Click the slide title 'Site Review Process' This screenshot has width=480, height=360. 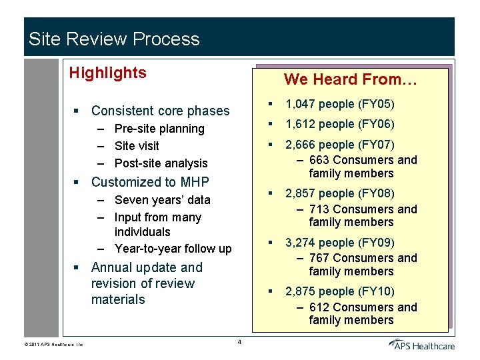tap(114, 39)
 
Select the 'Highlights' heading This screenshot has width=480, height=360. tap(107, 73)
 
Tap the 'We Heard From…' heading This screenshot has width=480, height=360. tap(350, 80)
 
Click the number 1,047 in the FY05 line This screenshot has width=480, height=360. tap(300, 104)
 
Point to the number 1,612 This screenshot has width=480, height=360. tap(300, 124)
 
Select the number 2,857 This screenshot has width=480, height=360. tap(300, 193)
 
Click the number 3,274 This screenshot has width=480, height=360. tap(300, 243)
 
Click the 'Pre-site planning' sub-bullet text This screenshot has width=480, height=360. tap(159, 129)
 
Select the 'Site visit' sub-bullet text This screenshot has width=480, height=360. tap(137, 146)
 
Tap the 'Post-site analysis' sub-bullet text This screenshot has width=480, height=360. tap(161, 163)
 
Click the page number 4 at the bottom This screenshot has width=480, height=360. tap(239, 343)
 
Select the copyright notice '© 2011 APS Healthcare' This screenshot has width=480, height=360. tap(54, 344)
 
